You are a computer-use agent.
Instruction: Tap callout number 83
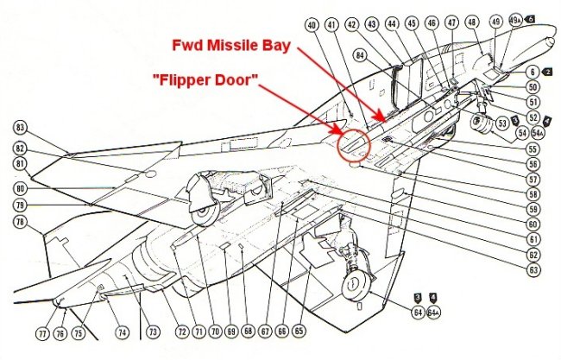click(x=20, y=127)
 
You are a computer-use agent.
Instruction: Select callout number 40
click(x=311, y=25)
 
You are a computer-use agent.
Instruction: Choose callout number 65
click(x=299, y=332)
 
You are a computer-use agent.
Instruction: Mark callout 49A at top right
click(x=516, y=20)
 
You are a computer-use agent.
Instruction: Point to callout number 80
click(x=19, y=188)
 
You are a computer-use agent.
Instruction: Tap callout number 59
click(x=535, y=209)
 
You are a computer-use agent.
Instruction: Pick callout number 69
click(x=230, y=332)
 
